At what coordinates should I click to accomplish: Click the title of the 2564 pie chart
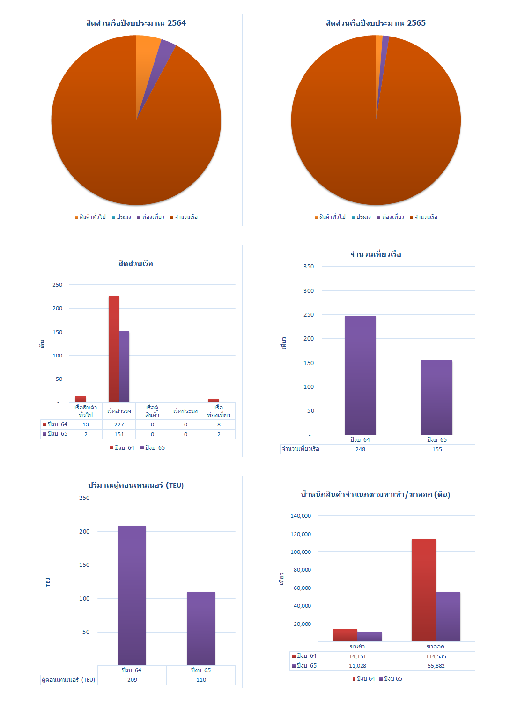tap(136, 23)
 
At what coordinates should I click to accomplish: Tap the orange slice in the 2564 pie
tap(147, 52)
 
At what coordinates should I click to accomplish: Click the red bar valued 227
tap(114, 349)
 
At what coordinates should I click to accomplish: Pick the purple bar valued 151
tap(124, 366)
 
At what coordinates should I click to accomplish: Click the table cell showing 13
tap(86, 424)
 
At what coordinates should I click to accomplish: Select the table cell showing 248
tap(360, 449)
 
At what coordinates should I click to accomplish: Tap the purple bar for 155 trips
tap(436, 397)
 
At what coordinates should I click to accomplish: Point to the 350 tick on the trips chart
tap(309, 267)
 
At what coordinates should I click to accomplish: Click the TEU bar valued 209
tap(132, 595)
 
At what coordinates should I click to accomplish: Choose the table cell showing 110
tap(201, 680)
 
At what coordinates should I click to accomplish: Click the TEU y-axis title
tap(48, 582)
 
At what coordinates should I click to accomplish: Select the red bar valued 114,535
tap(423, 590)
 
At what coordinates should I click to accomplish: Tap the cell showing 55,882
tap(436, 666)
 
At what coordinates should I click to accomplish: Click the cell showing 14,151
tap(357, 656)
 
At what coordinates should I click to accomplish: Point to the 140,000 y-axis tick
tap(301, 516)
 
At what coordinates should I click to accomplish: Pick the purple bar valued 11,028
tap(370, 637)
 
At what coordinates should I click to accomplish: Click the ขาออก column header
tap(436, 647)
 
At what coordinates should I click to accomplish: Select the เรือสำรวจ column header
tap(119, 411)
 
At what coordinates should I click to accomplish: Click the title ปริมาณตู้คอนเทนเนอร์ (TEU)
tap(136, 485)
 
